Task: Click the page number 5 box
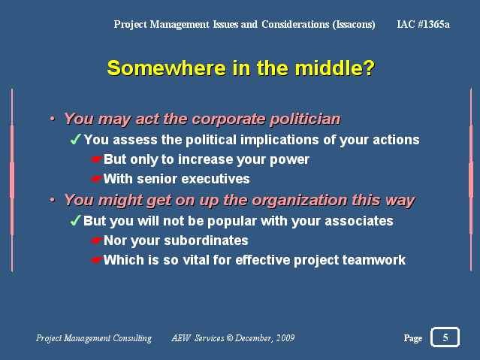(445, 337)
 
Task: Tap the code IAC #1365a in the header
(423, 24)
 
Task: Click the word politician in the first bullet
(305, 119)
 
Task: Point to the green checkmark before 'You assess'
(75, 139)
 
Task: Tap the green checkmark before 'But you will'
(75, 220)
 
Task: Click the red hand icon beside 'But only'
(96, 159)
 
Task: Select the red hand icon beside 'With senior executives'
(96, 179)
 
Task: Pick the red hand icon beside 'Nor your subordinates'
(96, 241)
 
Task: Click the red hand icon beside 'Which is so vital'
(96, 260)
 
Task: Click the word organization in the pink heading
(300, 201)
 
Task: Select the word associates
(359, 221)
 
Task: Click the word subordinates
(206, 241)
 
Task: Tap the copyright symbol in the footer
(230, 338)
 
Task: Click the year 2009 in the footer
(285, 338)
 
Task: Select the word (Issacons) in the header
(354, 24)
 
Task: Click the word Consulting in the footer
(132, 338)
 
